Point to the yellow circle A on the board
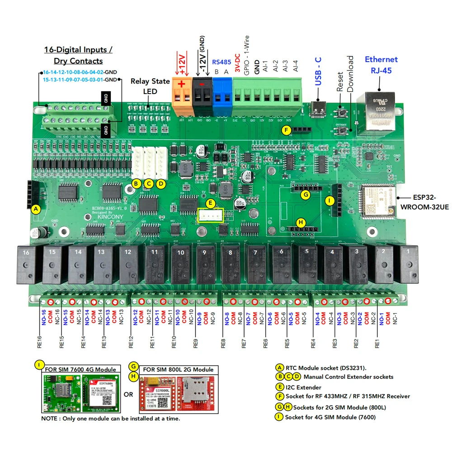click(x=35, y=209)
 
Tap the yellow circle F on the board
click(x=285, y=130)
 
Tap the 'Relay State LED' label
click(x=150, y=86)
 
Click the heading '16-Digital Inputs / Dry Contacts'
click(x=78, y=55)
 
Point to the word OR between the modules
click(x=128, y=394)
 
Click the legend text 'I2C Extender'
click(x=303, y=387)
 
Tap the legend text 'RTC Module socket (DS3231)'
click(x=326, y=367)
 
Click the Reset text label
click(x=340, y=81)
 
